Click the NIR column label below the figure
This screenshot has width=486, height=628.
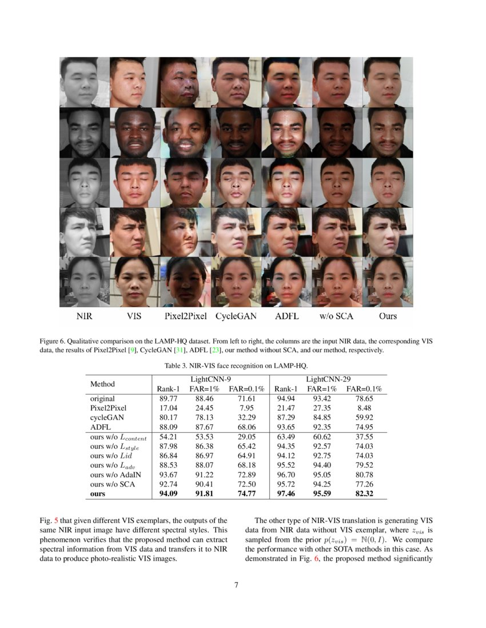(84, 316)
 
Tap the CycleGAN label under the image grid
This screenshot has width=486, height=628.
(236, 316)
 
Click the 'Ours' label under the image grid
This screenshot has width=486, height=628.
(388, 316)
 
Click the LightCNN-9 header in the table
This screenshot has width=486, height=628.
(210, 379)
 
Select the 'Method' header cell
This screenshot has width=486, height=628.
(102, 384)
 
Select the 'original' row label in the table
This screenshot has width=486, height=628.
(102, 398)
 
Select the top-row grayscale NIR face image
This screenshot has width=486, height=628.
(84, 82)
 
